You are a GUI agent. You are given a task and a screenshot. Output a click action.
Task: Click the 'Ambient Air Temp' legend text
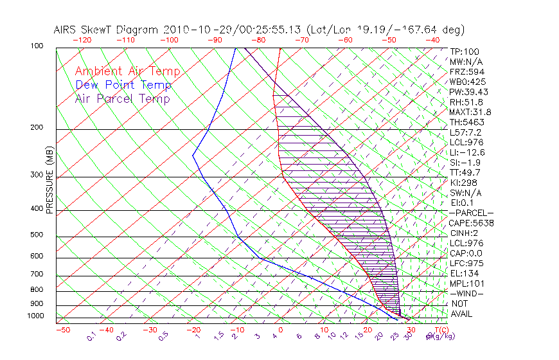(127, 71)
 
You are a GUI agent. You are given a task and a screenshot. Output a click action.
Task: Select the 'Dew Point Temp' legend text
(123, 85)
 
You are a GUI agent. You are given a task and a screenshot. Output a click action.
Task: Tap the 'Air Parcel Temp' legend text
(122, 98)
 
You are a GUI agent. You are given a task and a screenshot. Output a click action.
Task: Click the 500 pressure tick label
(36, 235)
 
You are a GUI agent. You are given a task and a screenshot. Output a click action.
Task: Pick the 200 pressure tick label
(36, 128)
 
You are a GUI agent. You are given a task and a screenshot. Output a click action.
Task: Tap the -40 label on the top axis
(432, 40)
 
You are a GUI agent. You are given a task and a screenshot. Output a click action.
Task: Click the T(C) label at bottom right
(438, 330)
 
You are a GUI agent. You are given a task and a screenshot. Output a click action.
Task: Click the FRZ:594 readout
(464, 71)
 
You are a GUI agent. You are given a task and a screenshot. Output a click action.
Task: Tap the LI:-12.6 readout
(467, 152)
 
